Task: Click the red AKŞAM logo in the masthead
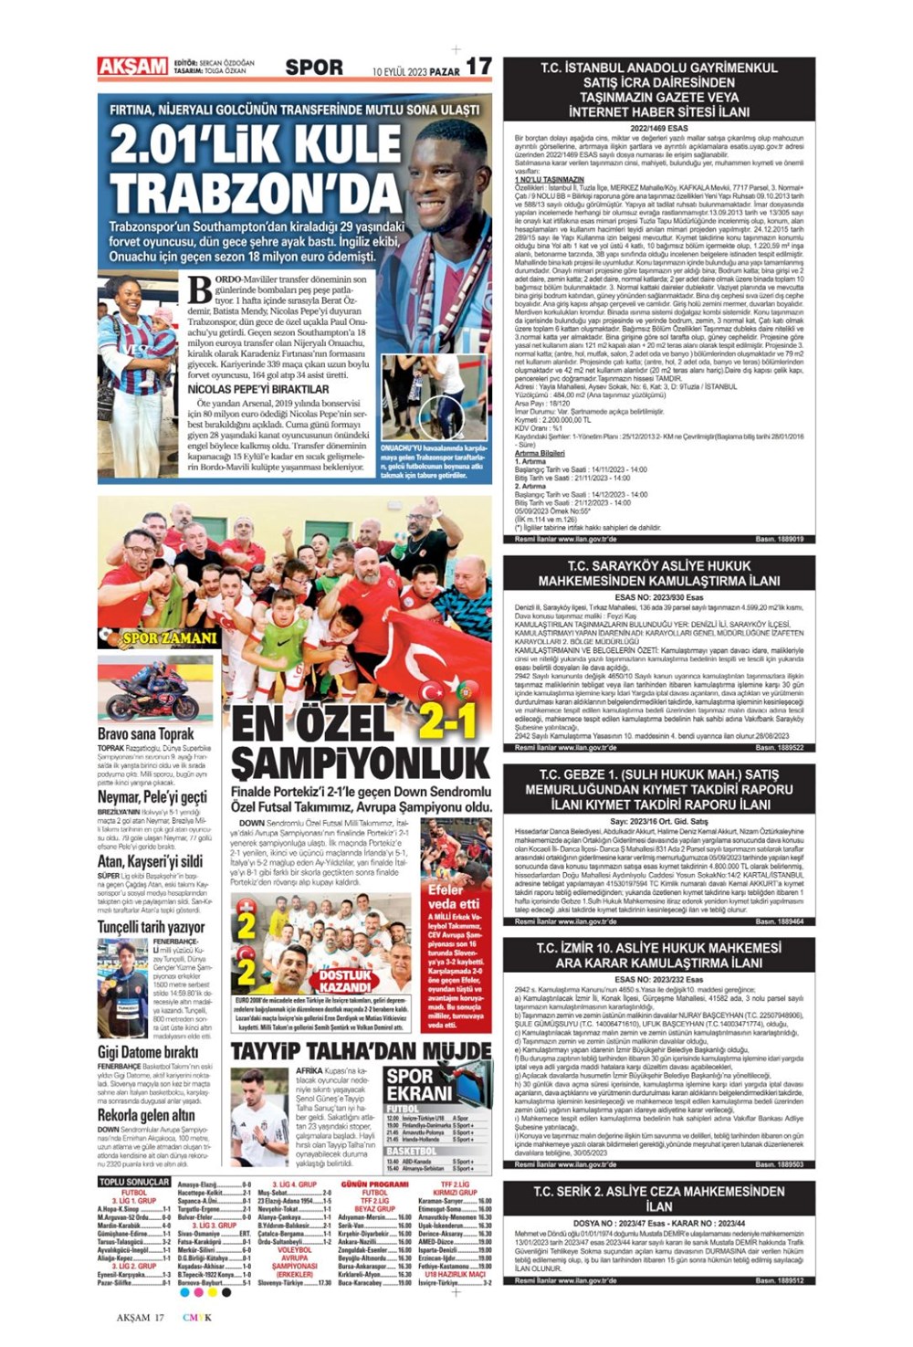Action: tap(132, 67)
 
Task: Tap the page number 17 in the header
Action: tap(478, 66)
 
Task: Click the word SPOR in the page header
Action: tap(314, 67)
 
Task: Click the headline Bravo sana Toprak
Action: tap(146, 733)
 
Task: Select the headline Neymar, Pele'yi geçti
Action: tap(152, 797)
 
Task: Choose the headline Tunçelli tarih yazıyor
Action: tap(152, 927)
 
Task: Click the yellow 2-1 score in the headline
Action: tap(448, 721)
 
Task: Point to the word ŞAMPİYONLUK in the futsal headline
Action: tap(361, 762)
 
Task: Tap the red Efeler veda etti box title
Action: tap(453, 896)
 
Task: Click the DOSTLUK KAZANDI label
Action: tap(345, 981)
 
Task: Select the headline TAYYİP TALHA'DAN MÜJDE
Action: tap(361, 1050)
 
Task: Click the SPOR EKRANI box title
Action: tap(419, 1084)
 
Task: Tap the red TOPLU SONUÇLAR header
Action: tap(134, 1182)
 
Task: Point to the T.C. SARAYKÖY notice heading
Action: tap(658, 573)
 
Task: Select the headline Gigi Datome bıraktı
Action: tap(148, 1052)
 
